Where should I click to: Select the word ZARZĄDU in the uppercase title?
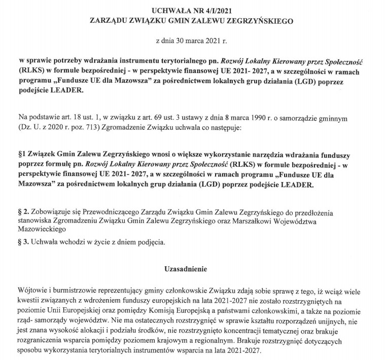pos(112,21)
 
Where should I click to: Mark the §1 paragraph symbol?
pos(22,153)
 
